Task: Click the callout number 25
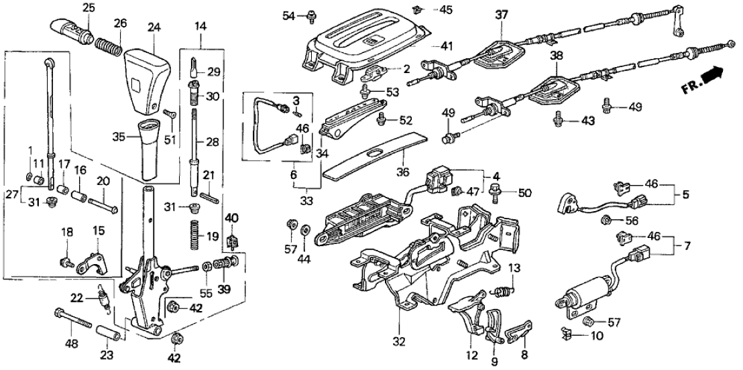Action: (89, 7)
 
